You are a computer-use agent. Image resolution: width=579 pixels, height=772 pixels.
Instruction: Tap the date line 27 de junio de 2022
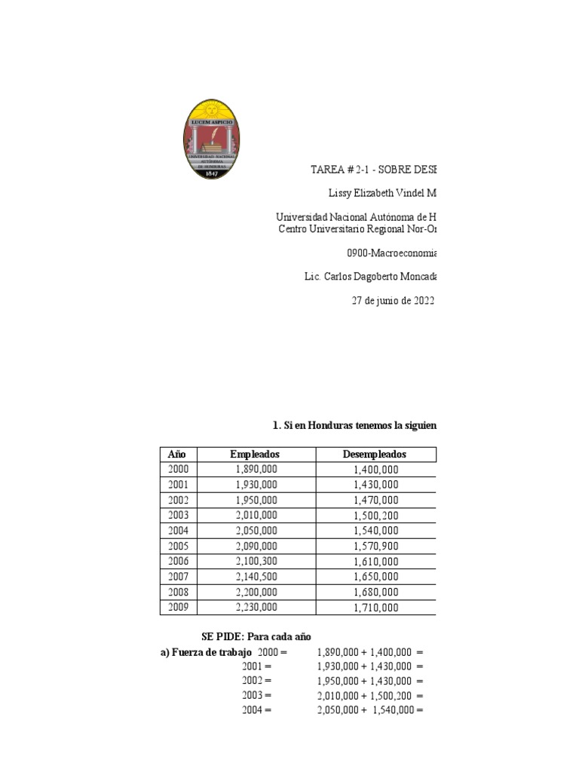pos(394,300)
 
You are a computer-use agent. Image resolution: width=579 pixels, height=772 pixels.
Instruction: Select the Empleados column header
pos(255,454)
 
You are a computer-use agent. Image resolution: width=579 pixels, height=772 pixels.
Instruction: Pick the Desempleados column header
pos(375,454)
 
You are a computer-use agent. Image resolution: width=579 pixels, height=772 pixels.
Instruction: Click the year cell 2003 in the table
pos(179,515)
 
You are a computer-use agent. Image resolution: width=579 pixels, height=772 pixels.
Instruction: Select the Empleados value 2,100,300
pos(256,561)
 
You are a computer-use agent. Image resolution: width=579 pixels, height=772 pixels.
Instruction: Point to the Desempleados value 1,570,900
pos(375,546)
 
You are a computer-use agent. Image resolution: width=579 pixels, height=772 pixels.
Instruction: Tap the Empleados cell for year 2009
pos(256,607)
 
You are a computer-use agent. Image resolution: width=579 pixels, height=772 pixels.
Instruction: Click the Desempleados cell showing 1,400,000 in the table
pos(375,470)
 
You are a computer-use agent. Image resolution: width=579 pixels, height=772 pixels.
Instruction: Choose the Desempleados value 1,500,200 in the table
pos(375,515)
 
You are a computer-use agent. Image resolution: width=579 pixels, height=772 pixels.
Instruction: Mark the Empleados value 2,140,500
pos(256,577)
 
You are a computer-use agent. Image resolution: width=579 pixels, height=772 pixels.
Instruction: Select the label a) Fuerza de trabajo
pos(206,651)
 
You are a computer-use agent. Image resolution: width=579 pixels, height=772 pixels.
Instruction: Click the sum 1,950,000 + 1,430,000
pos(365,681)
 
